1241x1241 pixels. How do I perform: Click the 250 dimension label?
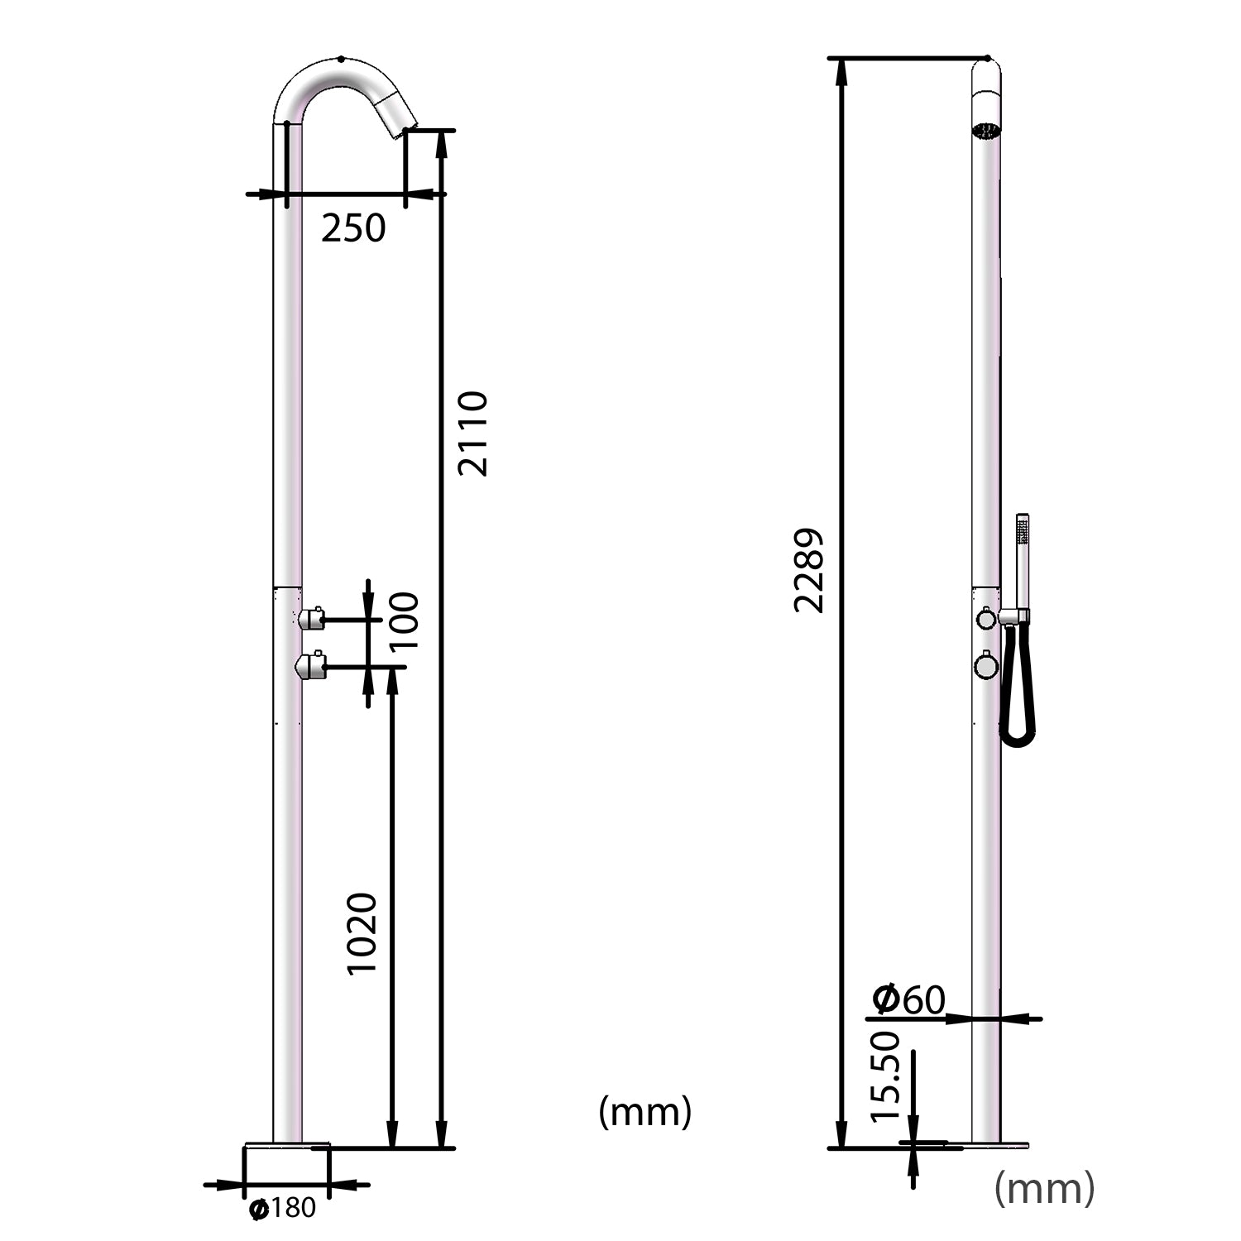(x=353, y=228)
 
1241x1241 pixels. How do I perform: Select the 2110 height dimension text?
(x=473, y=434)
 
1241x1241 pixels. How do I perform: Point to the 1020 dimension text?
(x=362, y=933)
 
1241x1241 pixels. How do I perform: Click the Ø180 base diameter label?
(x=283, y=1209)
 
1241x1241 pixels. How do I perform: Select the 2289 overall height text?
(x=809, y=570)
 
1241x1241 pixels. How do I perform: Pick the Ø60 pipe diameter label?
(x=908, y=999)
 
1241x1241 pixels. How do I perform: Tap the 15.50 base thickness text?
(x=885, y=1076)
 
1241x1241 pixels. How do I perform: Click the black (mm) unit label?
(x=644, y=1111)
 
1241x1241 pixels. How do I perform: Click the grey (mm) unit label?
(x=1044, y=1188)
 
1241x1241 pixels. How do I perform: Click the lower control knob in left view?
(x=311, y=665)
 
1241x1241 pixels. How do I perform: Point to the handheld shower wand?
(x=1023, y=563)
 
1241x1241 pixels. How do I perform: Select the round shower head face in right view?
(x=986, y=130)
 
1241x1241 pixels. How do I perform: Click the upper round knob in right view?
(x=986, y=618)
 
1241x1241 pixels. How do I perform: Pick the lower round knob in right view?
(x=986, y=666)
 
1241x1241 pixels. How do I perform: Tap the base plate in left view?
(x=286, y=1146)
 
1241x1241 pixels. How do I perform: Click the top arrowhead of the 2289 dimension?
(x=842, y=71)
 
